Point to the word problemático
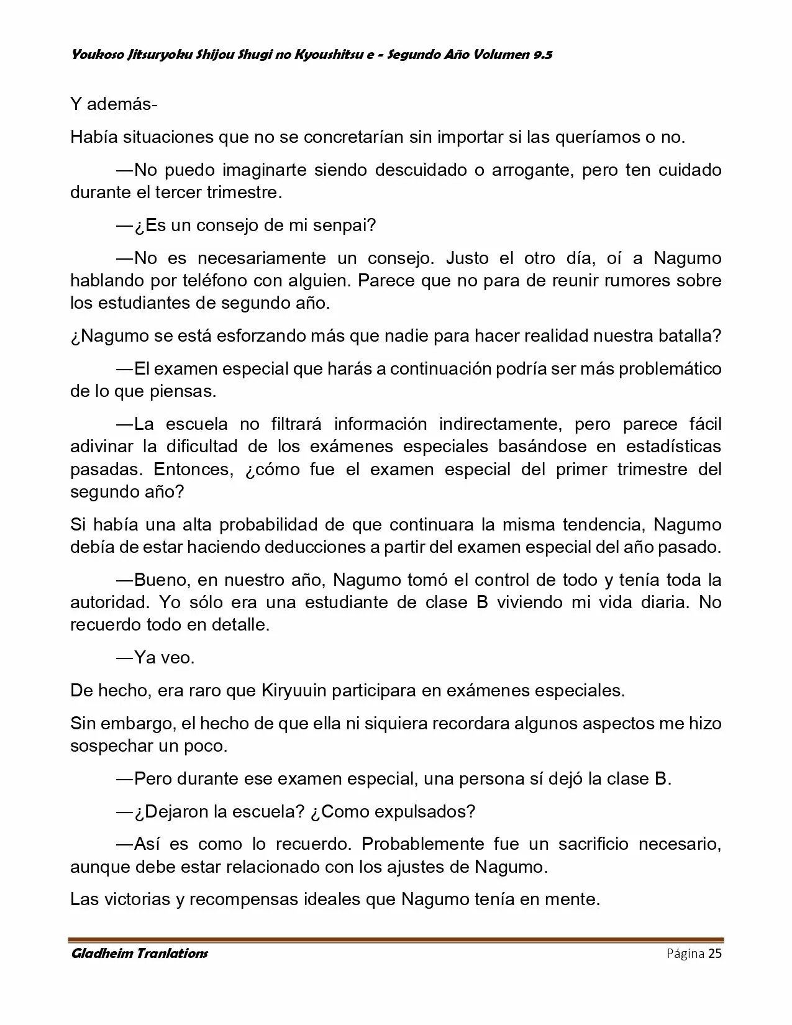point(670,369)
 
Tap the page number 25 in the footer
point(715,954)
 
